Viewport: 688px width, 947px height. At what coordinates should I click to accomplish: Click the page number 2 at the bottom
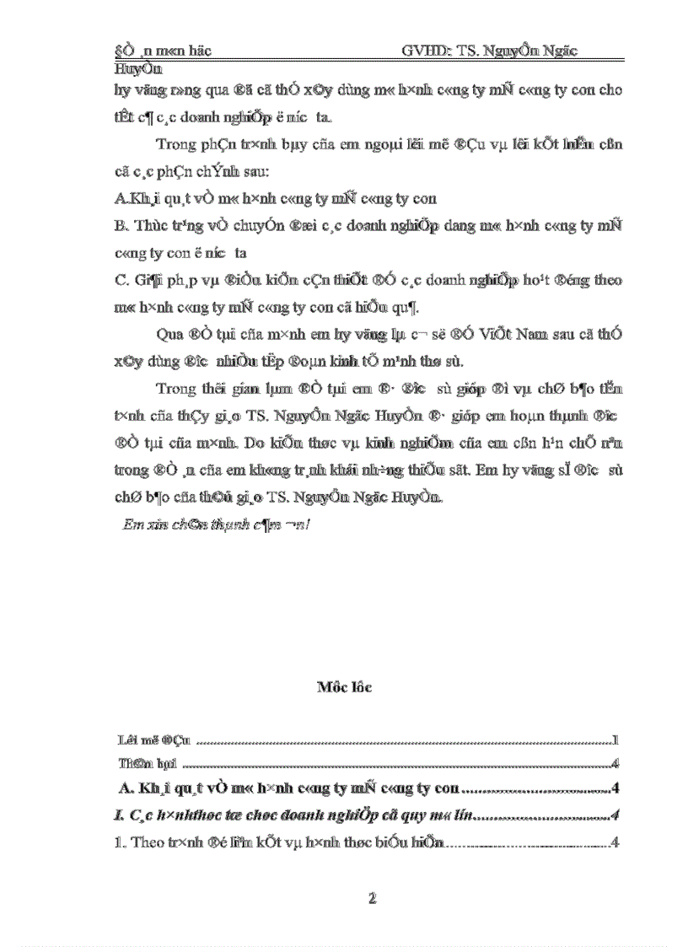372,899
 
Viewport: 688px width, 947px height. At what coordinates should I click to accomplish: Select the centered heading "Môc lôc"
344,687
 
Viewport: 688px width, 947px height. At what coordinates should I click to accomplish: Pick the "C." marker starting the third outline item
119,279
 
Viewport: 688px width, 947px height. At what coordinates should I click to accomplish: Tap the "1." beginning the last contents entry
119,842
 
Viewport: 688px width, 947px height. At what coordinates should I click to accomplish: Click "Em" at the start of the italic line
131,525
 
